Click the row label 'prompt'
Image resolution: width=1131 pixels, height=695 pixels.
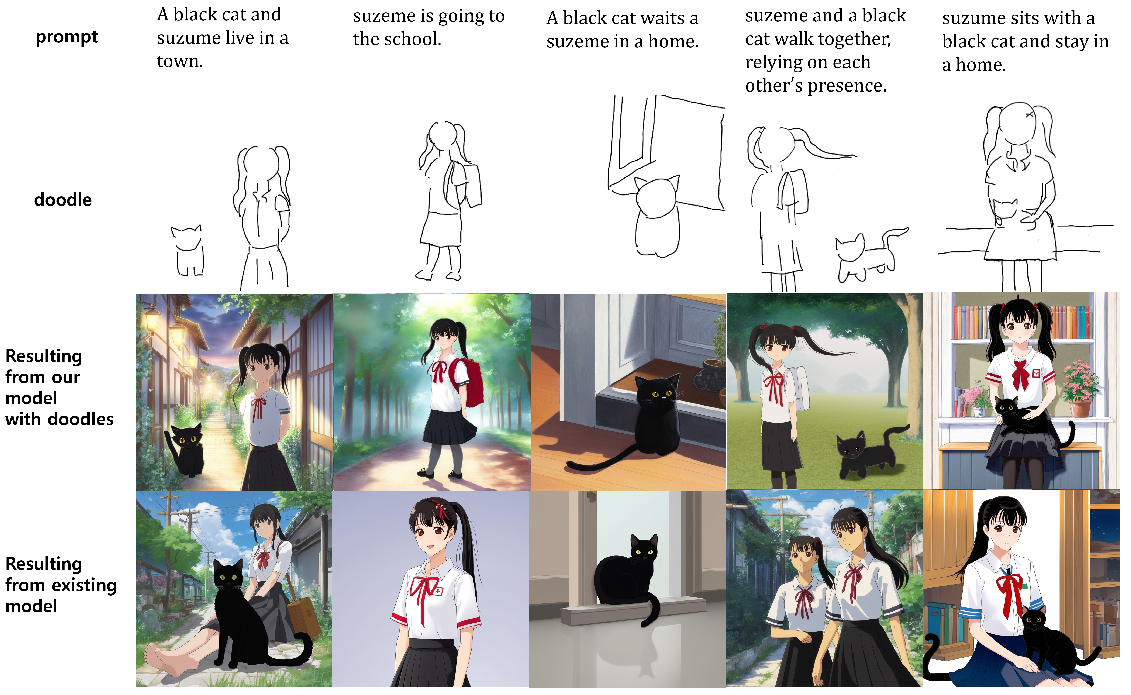pyautogui.click(x=67, y=37)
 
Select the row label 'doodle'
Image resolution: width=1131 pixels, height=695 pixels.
pyautogui.click(x=63, y=200)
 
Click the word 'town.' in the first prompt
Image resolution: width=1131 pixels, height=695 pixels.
pyautogui.click(x=180, y=61)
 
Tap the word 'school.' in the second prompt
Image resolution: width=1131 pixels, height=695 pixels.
pyautogui.click(x=412, y=39)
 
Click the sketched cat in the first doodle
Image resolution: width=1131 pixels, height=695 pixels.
pyautogui.click(x=188, y=250)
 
